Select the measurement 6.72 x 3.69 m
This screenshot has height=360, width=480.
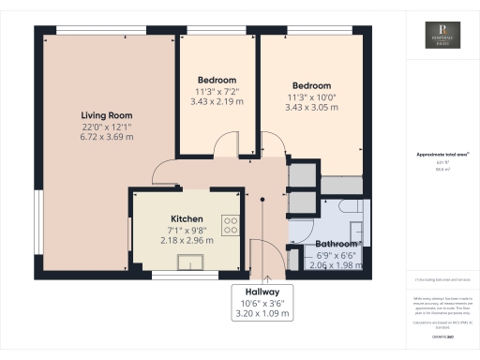(106, 137)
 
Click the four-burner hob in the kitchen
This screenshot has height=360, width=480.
(229, 225)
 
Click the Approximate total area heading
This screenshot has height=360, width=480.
(438, 154)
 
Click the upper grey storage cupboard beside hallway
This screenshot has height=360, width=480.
(302, 175)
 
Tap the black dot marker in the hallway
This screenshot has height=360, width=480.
(263, 199)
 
